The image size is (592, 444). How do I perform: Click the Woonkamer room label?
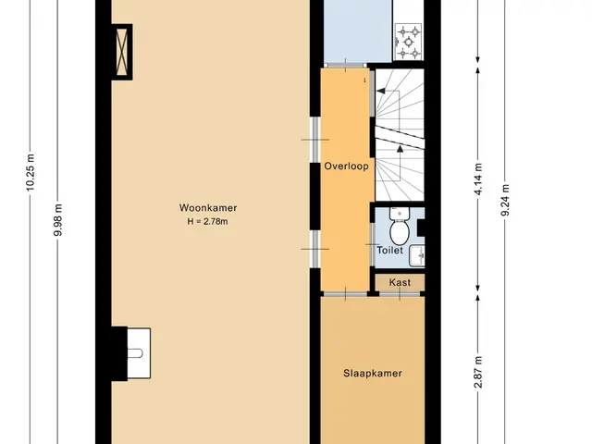coord(208,207)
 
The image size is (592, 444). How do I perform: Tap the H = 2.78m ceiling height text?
coord(207,221)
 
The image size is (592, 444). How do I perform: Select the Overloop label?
coord(347,166)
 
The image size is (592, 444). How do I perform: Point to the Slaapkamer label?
coord(373,373)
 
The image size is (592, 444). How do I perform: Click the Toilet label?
coord(390,250)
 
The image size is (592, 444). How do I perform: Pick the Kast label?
coord(400,282)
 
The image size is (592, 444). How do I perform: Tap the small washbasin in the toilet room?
coord(417,255)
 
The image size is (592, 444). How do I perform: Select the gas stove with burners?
coord(408,42)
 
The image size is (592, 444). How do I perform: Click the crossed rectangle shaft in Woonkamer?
coord(122,52)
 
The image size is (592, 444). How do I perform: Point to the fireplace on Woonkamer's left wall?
coord(131,353)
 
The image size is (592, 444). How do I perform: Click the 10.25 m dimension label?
coord(31,172)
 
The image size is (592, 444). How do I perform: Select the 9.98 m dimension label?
coord(57,220)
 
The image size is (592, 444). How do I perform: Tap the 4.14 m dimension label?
coord(478,179)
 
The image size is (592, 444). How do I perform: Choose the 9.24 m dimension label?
coord(505,200)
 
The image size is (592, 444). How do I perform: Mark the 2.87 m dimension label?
coord(478,372)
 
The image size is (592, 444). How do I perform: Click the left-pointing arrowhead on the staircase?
coord(380,91)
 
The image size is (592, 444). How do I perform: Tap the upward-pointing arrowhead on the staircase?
coord(400,149)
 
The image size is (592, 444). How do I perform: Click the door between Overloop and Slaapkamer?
coord(345,293)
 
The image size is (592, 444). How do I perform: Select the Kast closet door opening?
coord(400,293)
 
